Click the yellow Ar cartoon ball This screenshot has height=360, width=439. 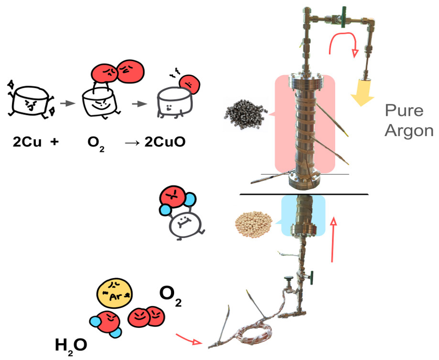tap(114, 293)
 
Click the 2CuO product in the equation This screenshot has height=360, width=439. tap(165, 142)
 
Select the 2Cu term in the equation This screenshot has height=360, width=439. tap(27, 142)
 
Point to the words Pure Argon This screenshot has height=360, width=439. tap(409, 121)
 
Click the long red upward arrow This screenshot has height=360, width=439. tap(333, 240)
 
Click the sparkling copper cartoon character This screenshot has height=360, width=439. tap(31, 100)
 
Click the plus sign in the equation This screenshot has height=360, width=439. tap(55, 142)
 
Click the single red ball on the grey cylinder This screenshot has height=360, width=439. tap(189, 84)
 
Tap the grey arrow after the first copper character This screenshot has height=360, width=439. tap(68, 103)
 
